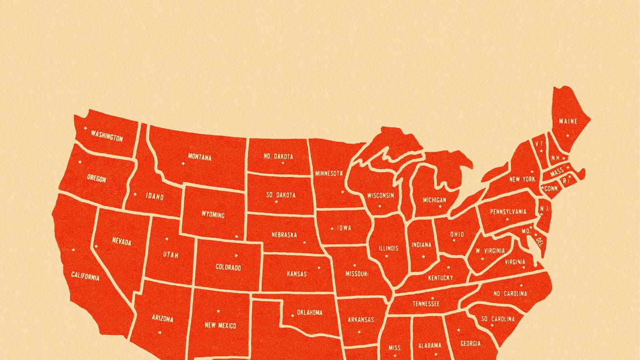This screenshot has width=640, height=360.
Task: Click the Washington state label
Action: [x=107, y=136]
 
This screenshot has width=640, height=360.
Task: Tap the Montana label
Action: [x=199, y=157]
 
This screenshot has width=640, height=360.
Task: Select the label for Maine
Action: [x=568, y=121]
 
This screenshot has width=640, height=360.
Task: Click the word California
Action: [x=85, y=276]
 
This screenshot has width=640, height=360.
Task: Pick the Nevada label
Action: [x=122, y=241]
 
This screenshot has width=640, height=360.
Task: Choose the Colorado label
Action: [x=228, y=267]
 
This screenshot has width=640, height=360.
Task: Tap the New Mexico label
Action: [x=220, y=325]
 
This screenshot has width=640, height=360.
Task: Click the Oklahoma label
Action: [x=310, y=313]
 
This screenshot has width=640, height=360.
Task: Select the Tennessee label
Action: [x=426, y=303]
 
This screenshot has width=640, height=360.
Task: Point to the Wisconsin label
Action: [x=380, y=195]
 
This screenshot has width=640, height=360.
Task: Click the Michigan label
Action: [x=435, y=200]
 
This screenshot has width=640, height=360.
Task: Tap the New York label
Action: [x=522, y=179]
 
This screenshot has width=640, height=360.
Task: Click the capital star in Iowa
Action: [x=332, y=228]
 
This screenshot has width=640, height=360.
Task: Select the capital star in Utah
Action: [x=166, y=238]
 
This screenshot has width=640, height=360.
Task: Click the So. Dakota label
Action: [x=280, y=195]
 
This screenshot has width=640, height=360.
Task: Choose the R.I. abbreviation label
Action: [x=566, y=181]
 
